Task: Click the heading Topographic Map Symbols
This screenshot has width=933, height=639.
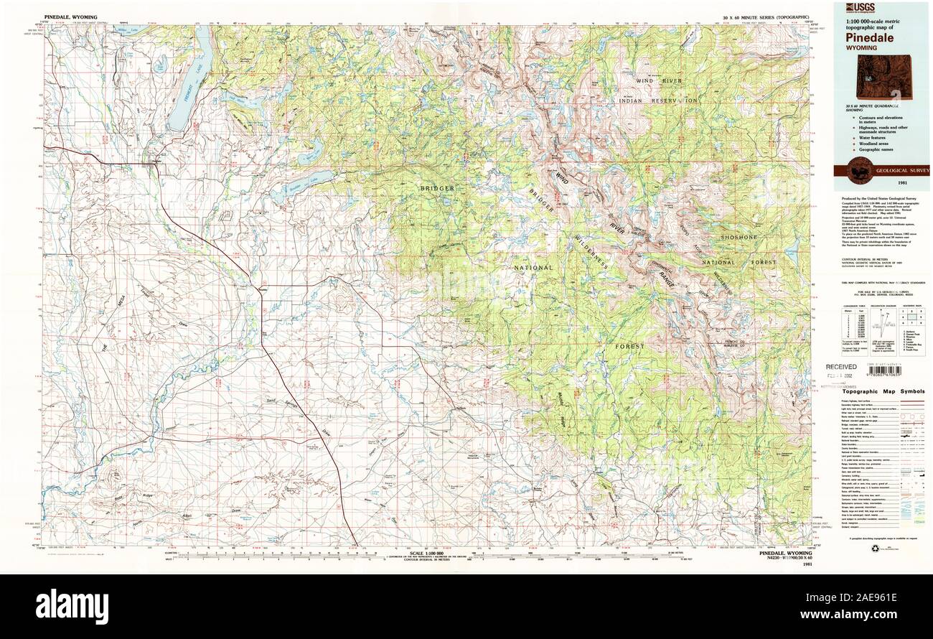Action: [883, 391]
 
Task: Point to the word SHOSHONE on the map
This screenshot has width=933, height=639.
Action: [739, 237]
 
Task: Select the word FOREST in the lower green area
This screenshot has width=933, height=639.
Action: [629, 346]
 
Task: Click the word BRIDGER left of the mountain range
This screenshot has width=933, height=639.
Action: [438, 188]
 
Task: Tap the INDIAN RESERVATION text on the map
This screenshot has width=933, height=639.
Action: [657, 101]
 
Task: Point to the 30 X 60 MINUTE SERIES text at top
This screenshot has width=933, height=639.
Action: [766, 16]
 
